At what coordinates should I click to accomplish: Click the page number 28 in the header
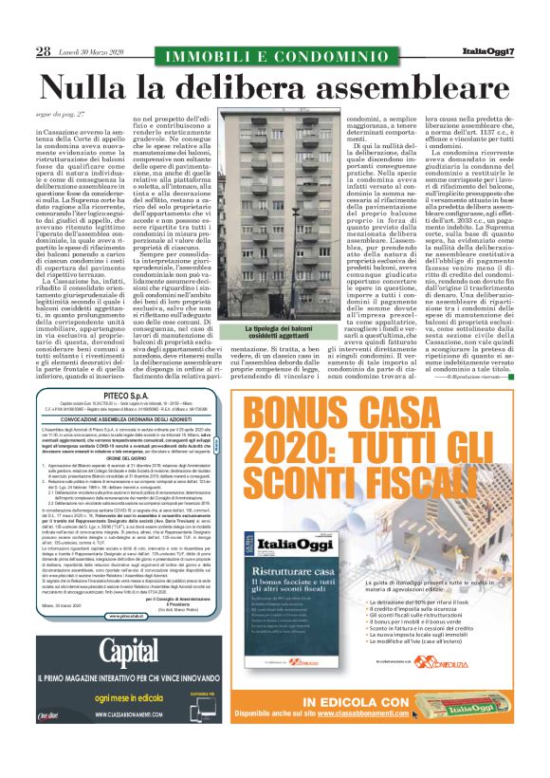[x=43, y=51]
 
